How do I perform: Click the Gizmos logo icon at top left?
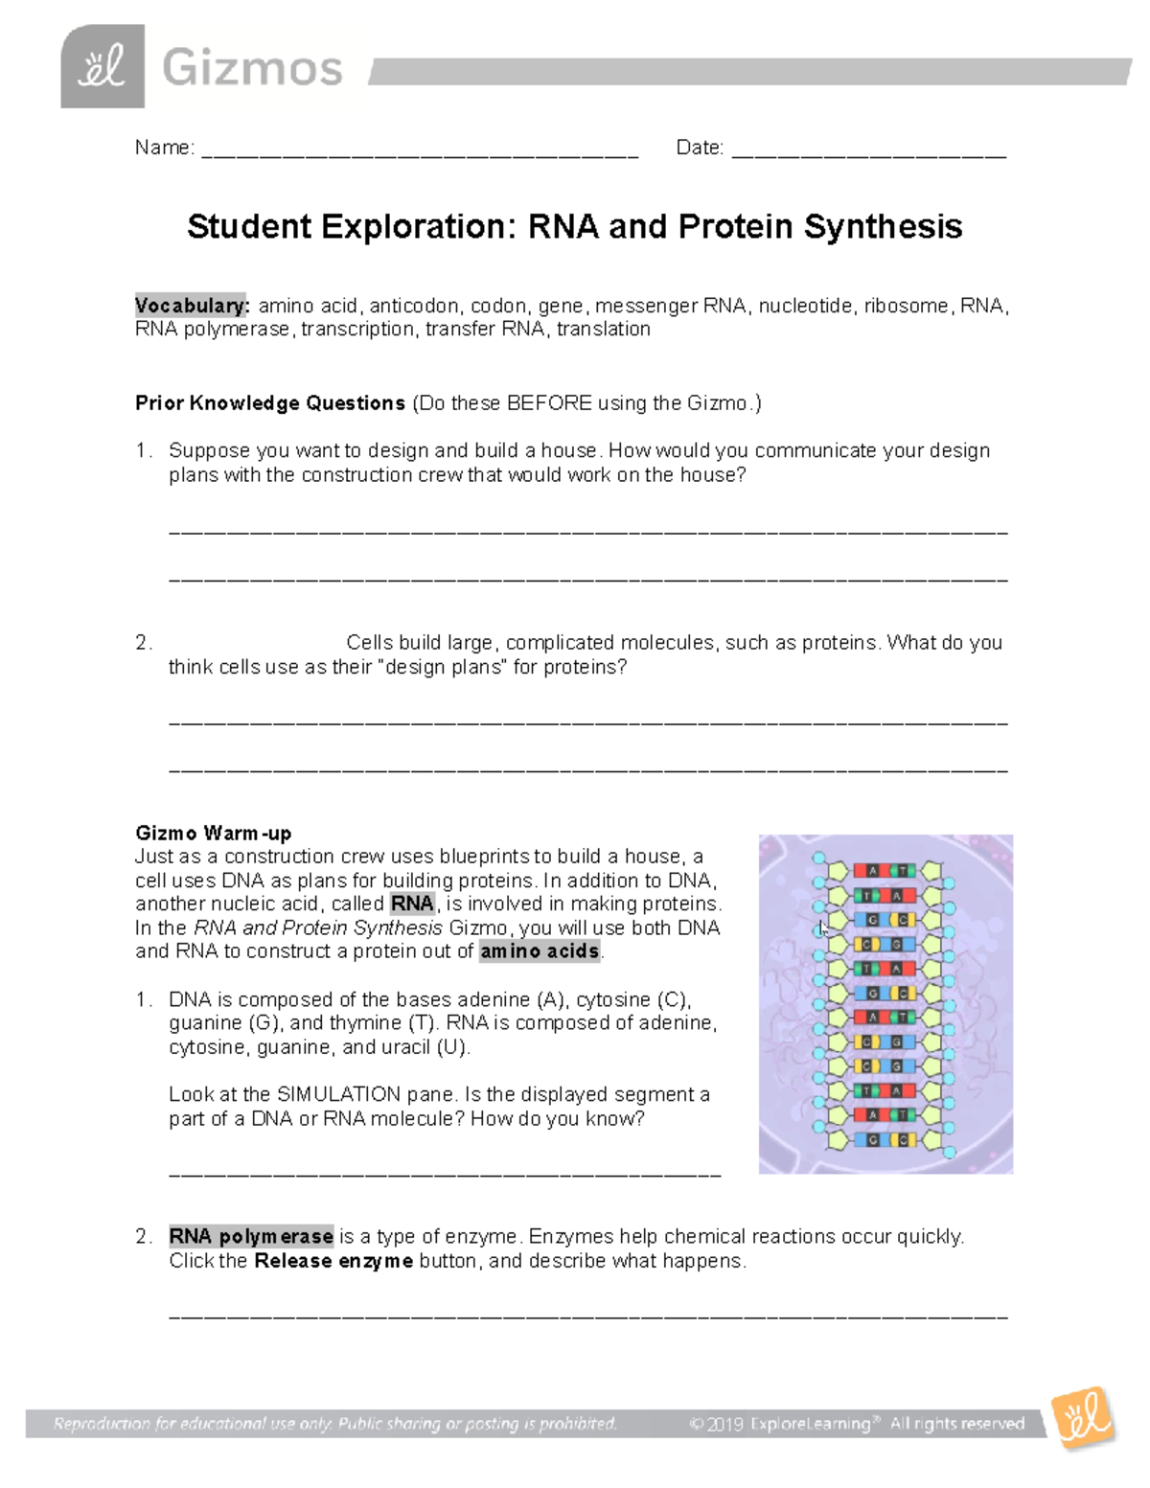click(x=103, y=67)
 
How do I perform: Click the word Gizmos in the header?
click(x=252, y=69)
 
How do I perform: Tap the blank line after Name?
click(x=419, y=150)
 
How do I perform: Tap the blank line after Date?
click(x=868, y=150)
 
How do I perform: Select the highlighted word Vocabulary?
click(x=192, y=306)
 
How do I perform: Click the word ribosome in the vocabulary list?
click(x=906, y=306)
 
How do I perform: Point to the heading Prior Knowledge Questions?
click(x=270, y=403)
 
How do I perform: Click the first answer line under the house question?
click(x=587, y=529)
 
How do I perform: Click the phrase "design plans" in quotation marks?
click(x=444, y=667)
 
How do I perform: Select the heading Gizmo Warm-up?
click(x=213, y=833)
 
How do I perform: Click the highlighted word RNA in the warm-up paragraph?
click(x=412, y=904)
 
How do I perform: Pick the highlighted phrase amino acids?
click(x=540, y=951)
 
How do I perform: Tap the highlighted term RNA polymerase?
click(x=251, y=1237)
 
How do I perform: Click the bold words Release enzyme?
click(x=333, y=1261)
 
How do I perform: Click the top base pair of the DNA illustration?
click(x=885, y=871)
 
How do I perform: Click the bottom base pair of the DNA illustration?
click(x=885, y=1140)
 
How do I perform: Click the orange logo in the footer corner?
click(x=1083, y=1417)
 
